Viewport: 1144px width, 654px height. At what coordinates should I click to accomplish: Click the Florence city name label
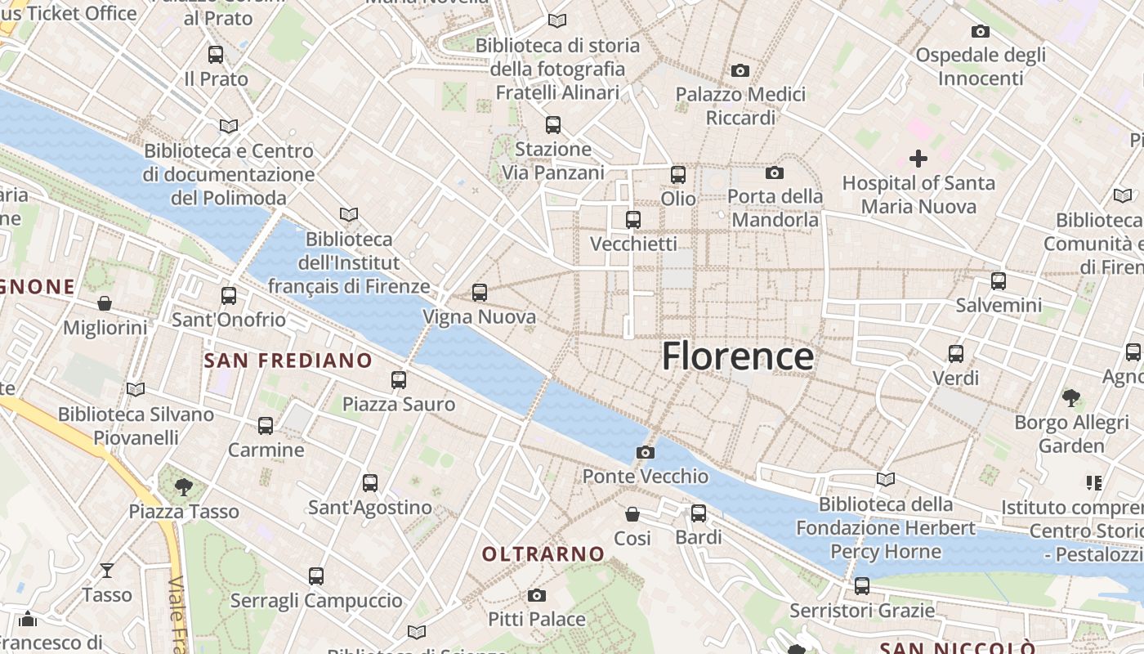point(737,356)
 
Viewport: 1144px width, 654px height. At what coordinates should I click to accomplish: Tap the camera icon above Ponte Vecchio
point(646,452)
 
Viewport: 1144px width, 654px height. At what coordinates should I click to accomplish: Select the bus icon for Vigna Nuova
point(480,292)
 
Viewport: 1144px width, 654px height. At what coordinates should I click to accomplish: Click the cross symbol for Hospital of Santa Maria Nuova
point(918,159)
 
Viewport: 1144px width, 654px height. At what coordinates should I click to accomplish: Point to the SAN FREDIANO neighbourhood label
point(288,361)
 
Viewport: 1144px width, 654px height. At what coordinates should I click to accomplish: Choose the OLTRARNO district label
point(543,554)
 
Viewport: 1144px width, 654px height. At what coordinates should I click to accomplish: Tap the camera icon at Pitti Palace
point(536,595)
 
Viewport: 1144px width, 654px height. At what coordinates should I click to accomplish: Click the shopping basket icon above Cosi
point(632,514)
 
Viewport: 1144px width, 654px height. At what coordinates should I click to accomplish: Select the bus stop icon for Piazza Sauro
point(399,379)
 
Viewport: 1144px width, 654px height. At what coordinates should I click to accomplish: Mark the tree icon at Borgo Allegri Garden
point(1070,398)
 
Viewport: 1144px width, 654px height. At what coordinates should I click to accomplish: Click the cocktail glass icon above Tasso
point(107,570)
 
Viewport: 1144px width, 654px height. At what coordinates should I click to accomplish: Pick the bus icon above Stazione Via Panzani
point(553,125)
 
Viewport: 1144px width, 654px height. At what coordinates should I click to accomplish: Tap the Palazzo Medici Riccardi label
point(740,106)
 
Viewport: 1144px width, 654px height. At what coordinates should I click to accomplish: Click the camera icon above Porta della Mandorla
point(774,172)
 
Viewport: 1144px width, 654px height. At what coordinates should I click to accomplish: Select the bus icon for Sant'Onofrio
point(229,295)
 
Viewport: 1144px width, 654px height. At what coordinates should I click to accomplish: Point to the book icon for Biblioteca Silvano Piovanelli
point(136,390)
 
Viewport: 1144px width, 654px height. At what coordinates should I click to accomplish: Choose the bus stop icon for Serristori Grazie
point(862,586)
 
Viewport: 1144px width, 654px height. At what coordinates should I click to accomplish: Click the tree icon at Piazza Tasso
point(184,487)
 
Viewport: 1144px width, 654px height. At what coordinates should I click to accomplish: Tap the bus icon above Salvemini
point(999,281)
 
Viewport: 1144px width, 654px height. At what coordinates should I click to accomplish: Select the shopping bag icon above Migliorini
point(105,303)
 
